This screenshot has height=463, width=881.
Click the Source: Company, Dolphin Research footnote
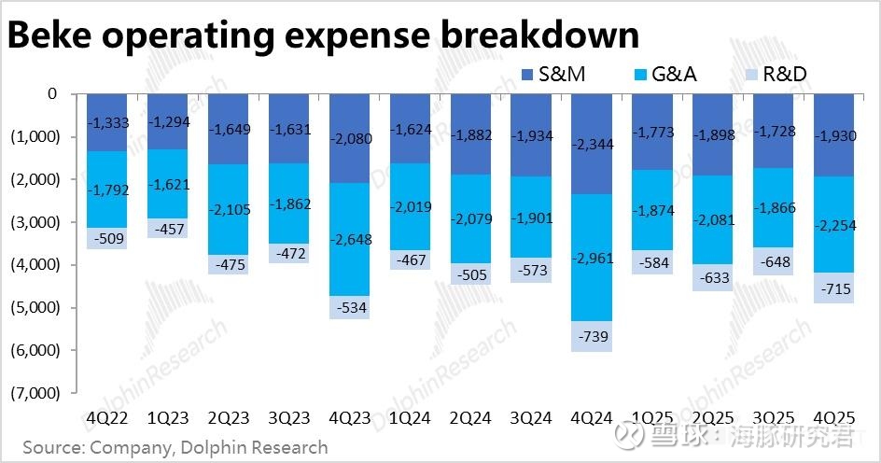[175, 447]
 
